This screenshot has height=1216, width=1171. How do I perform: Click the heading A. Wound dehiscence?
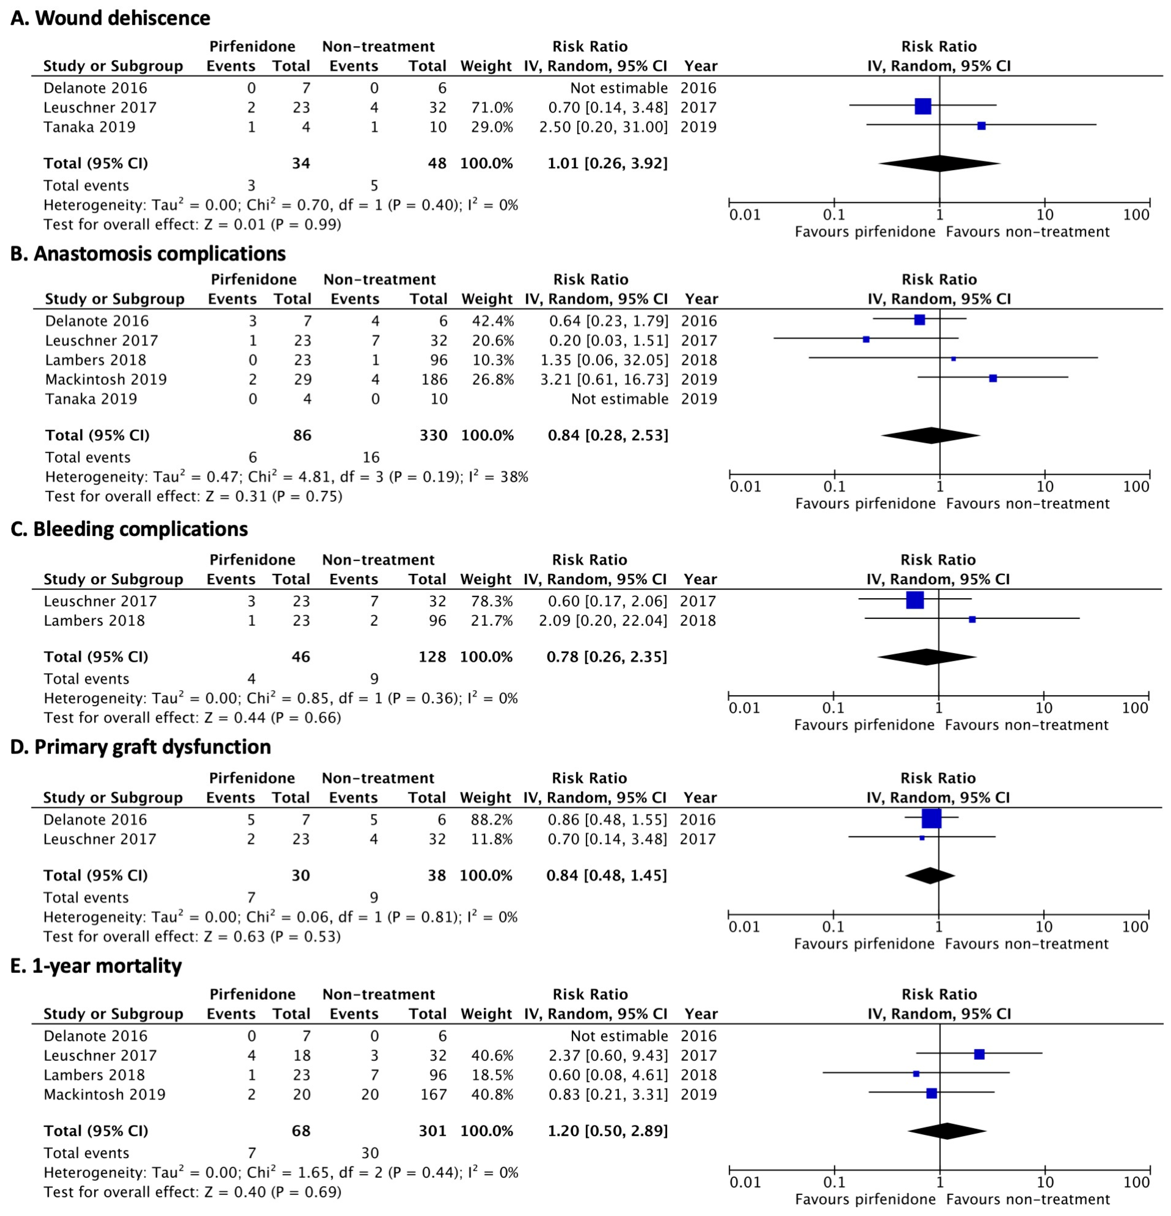coord(110,18)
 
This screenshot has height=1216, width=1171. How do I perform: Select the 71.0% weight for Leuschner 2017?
coord(492,107)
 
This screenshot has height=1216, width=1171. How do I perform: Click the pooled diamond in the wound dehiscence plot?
coord(940,163)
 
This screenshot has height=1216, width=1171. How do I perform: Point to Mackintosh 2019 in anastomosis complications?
coord(106,379)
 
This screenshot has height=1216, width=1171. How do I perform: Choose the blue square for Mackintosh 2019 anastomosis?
coord(993,378)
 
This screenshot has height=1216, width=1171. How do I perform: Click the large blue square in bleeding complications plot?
coord(915,600)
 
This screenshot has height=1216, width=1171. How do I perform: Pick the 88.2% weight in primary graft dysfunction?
coord(492,819)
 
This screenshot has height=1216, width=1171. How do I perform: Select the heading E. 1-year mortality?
coord(96,966)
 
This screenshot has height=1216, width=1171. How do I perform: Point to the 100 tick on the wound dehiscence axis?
coord(1136,215)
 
